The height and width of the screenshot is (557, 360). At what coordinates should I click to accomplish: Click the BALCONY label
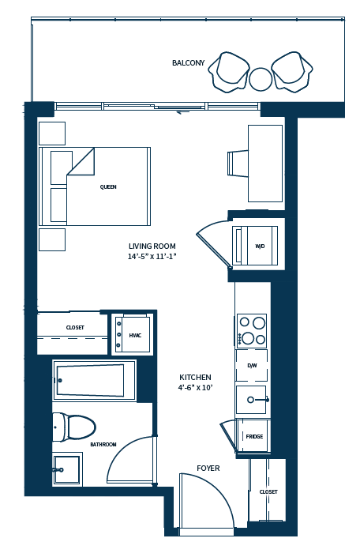[188, 63]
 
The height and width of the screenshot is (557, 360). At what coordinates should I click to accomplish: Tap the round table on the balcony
[261, 79]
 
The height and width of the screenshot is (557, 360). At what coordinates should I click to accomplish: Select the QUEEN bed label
[108, 187]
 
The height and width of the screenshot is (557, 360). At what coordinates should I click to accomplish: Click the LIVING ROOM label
[152, 246]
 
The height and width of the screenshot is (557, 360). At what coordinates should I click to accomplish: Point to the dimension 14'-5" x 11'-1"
[152, 257]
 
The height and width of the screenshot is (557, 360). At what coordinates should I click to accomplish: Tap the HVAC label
[135, 336]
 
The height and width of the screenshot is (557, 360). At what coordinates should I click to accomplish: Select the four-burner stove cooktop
[252, 330]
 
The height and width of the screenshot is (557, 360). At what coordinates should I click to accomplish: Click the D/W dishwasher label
[252, 366]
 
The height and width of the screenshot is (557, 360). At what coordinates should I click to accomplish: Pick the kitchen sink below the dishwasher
[252, 400]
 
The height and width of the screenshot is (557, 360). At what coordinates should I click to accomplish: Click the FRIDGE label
[253, 436]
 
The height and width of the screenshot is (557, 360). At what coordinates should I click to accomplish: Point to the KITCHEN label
[195, 377]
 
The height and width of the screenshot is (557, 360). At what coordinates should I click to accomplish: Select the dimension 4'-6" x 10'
[195, 388]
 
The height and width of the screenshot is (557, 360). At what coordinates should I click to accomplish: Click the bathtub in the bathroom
[91, 381]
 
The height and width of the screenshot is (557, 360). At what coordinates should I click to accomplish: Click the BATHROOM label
[103, 445]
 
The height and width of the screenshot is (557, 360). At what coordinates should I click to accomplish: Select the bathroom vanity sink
[66, 469]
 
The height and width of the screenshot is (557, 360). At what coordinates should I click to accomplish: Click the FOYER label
[208, 469]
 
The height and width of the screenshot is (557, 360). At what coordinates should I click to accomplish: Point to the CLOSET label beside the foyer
[268, 491]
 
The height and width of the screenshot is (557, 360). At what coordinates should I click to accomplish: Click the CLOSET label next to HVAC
[75, 327]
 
